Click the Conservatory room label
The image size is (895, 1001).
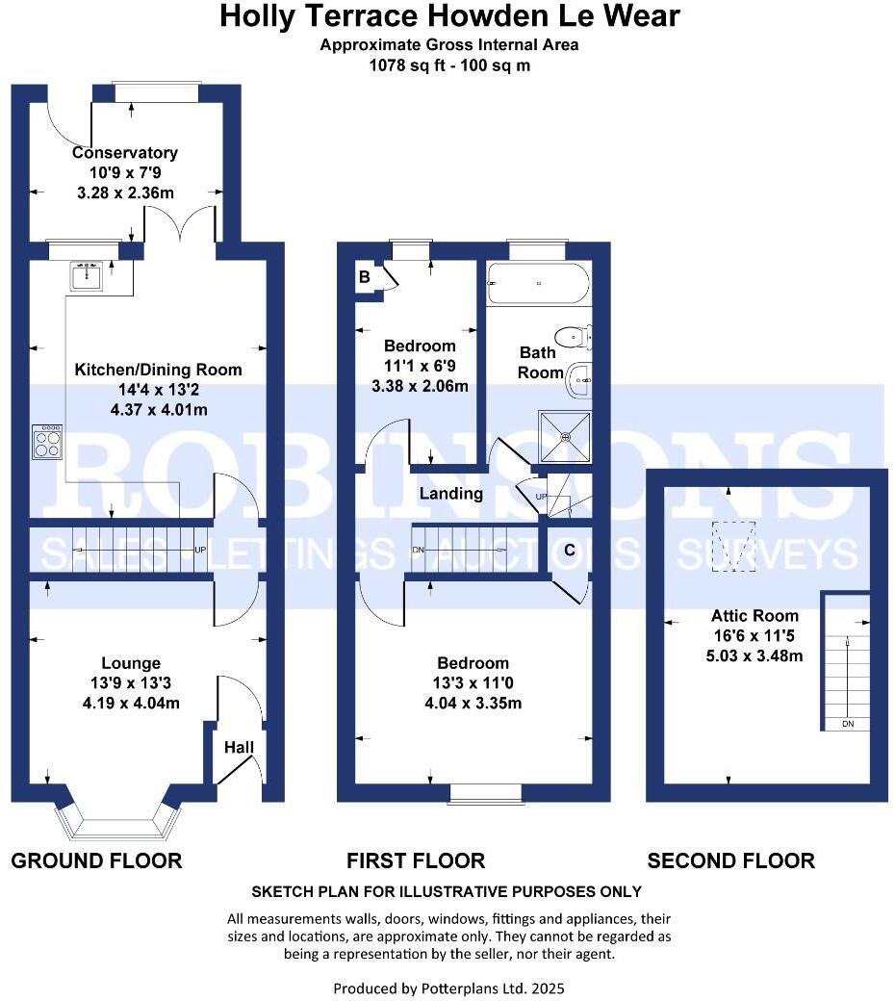tap(125, 153)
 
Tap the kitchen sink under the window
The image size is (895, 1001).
tap(88, 277)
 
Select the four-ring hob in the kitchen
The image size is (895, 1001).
tap(47, 444)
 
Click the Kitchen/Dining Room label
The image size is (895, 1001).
tap(159, 370)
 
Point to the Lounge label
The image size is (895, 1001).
tap(131, 663)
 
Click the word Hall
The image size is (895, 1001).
tap(239, 747)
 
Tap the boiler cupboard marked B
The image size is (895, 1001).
tap(365, 277)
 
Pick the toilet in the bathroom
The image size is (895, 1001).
tap(577, 336)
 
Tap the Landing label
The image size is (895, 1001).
tap(451, 494)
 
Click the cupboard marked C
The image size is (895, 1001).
tap(570, 551)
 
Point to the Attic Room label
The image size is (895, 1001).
tap(741, 616)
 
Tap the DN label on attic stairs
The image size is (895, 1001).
tap(848, 724)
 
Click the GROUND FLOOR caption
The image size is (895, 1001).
tap(96, 860)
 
